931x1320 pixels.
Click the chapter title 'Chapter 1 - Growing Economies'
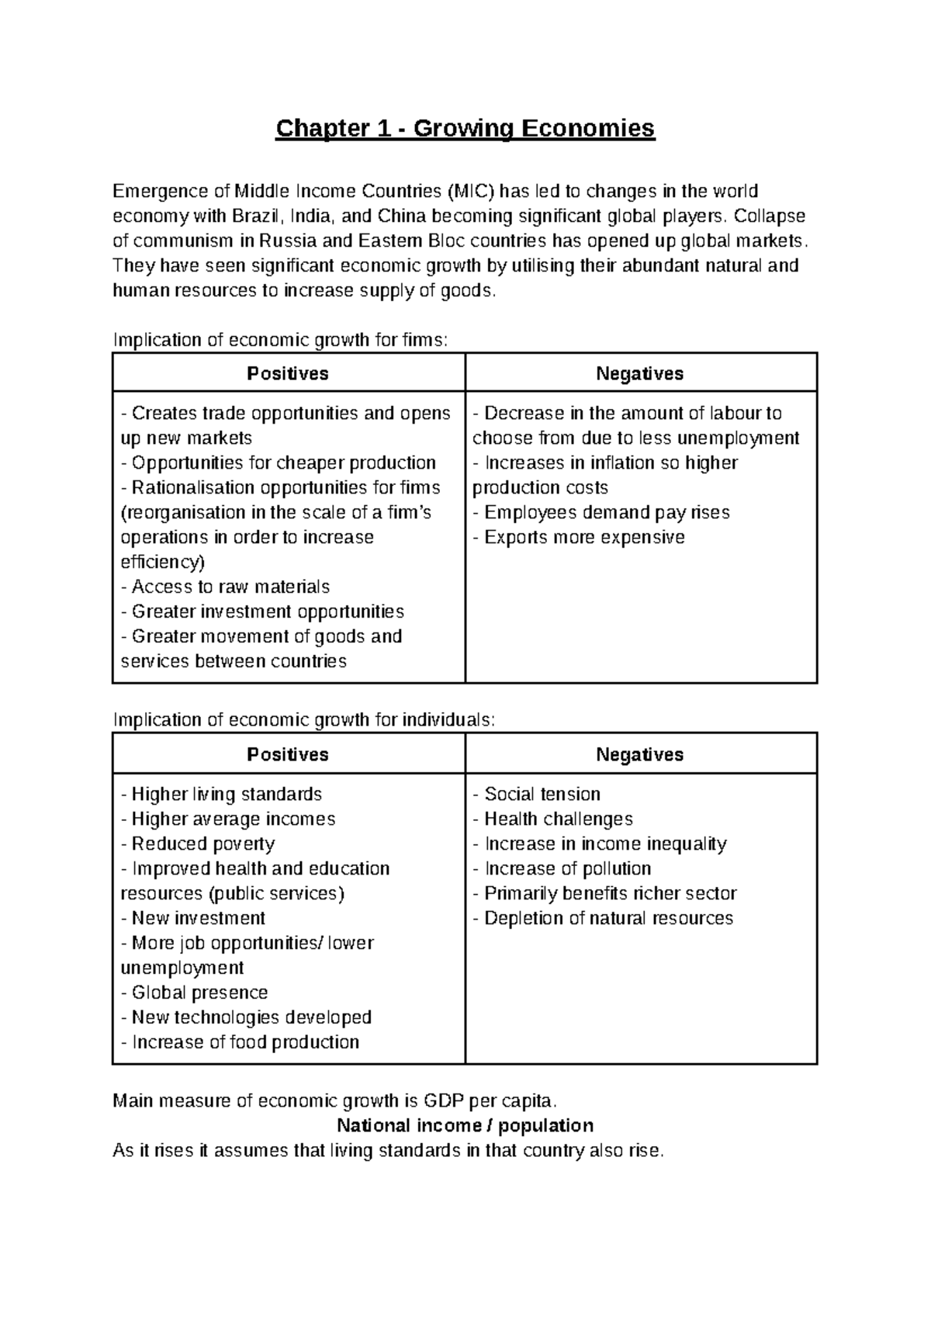(x=465, y=127)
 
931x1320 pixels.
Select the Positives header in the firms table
(x=288, y=374)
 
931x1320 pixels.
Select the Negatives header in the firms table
(x=640, y=374)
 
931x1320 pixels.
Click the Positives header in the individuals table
(x=288, y=755)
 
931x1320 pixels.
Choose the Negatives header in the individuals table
(x=640, y=755)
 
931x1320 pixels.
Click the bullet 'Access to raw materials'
(x=226, y=587)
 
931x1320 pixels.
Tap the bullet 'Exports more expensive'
(x=580, y=537)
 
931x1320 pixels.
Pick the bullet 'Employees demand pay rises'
(x=601, y=512)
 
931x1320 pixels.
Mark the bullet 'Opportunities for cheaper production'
(x=279, y=463)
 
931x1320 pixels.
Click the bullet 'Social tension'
(x=537, y=794)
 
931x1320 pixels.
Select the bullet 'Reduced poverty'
(x=198, y=844)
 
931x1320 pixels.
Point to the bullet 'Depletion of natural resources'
(x=604, y=918)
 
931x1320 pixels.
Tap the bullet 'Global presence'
(x=195, y=993)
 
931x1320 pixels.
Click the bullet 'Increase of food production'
(x=241, y=1042)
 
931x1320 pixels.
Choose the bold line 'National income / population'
(x=465, y=1125)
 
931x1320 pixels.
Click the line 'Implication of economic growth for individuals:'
(x=303, y=719)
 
